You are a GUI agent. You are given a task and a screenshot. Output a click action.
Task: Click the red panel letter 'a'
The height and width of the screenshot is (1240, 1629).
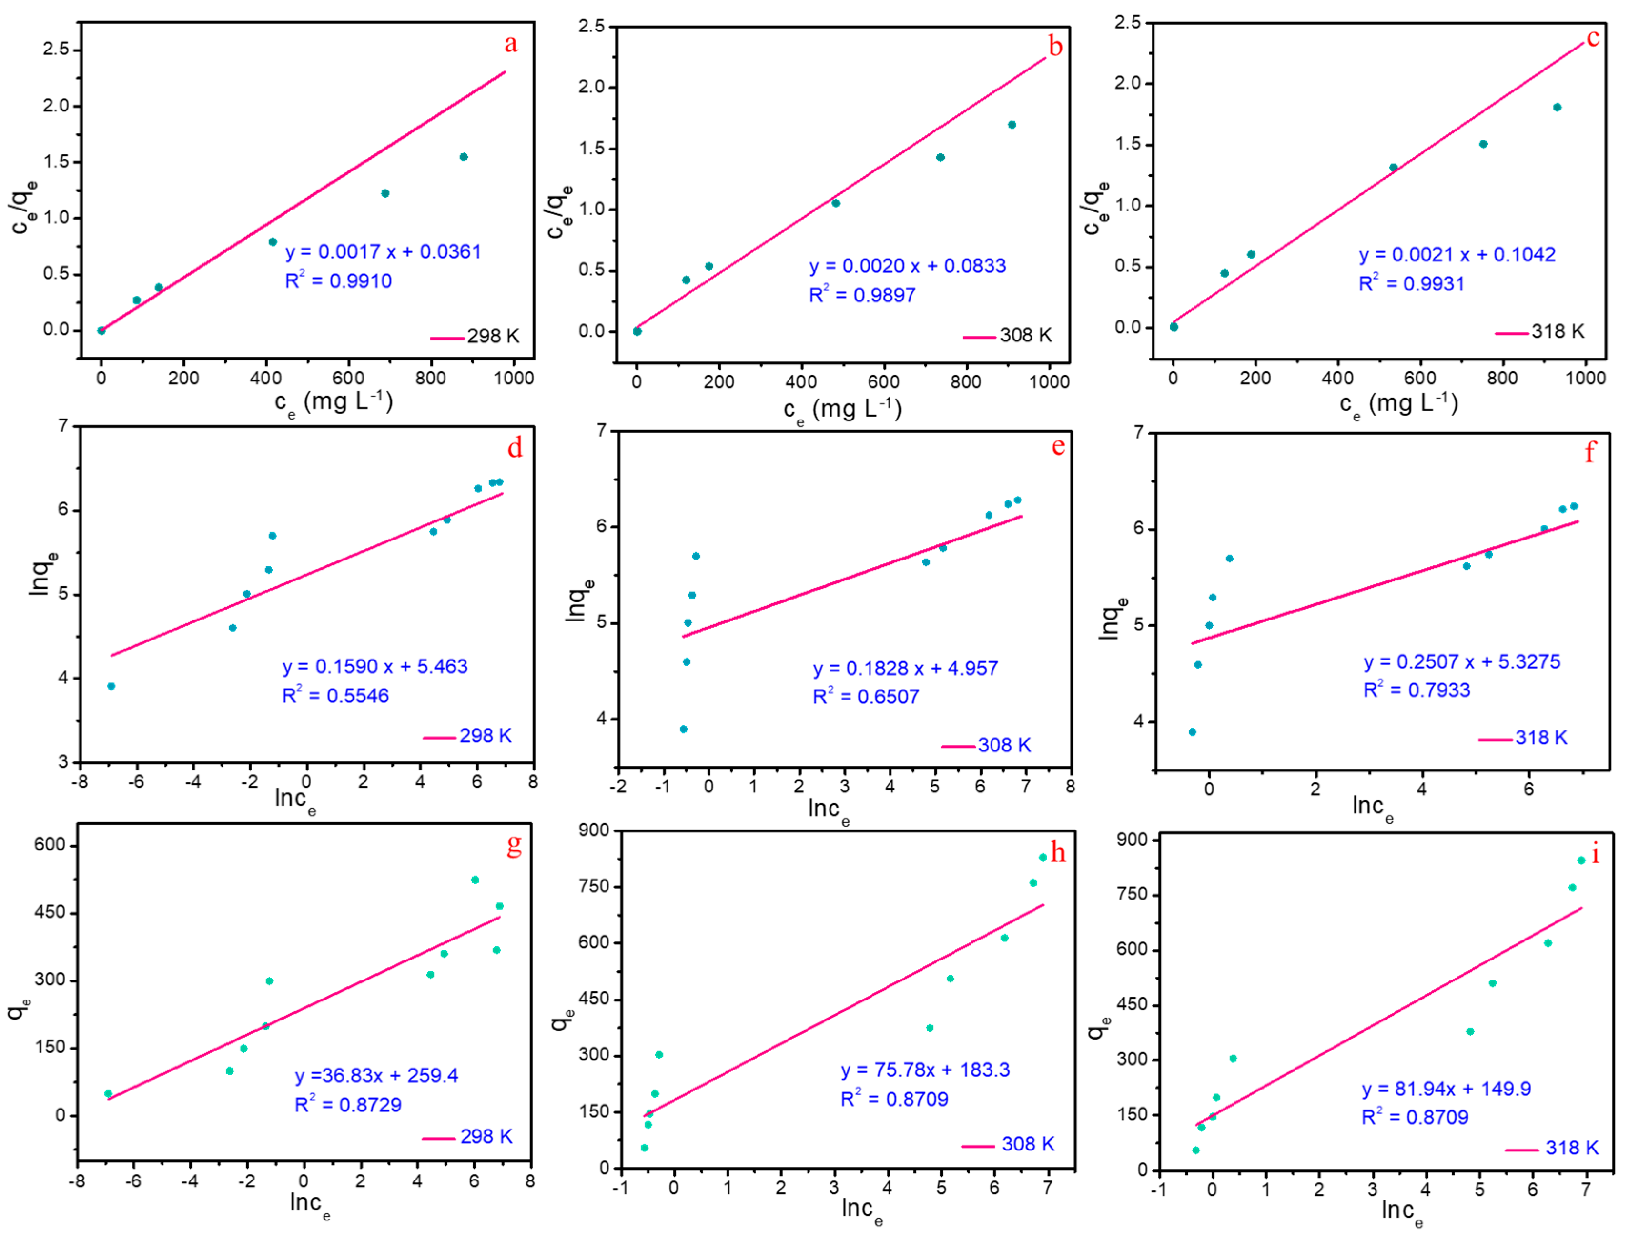coord(511,44)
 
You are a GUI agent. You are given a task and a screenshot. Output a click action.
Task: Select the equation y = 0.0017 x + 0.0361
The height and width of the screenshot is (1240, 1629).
coord(383,252)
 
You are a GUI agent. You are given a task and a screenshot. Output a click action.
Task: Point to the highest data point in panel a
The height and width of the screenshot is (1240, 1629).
coord(464,157)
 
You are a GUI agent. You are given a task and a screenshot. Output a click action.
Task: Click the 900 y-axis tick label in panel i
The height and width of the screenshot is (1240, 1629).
coord(1132,840)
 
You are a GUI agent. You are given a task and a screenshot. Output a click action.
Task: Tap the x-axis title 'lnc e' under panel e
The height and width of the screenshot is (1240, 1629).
coord(829,810)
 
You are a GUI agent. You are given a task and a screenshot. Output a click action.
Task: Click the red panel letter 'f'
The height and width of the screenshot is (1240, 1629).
coord(1590,452)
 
